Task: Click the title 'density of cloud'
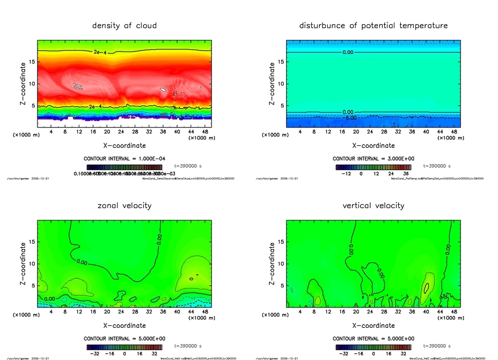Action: coord(124,25)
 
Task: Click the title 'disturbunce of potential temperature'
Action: coord(373,25)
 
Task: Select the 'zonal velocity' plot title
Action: coord(124,205)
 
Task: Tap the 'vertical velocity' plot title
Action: coord(373,205)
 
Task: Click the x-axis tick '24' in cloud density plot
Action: coord(121,132)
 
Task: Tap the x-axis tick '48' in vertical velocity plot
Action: coord(453,312)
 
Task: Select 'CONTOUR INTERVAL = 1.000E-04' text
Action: coord(124,159)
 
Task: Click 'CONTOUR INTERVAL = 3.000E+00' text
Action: coord(373,159)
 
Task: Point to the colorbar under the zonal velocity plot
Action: coord(124,347)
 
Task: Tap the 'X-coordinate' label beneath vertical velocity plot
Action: coord(373,325)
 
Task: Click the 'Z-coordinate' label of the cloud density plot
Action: coord(22,84)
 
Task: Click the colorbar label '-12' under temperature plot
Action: coord(346,173)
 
